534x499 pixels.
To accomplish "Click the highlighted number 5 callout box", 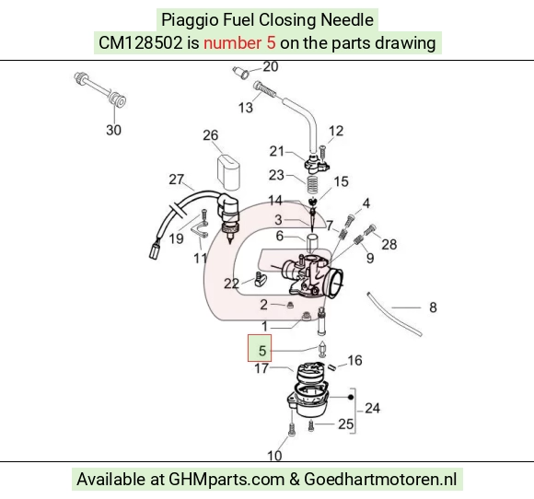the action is (x=260, y=348).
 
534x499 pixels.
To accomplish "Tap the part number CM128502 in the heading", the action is (x=141, y=43).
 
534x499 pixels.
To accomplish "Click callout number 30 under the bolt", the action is (x=114, y=130).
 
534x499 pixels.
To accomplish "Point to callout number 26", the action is (x=211, y=135).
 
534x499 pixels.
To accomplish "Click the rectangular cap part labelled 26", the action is (x=228, y=172).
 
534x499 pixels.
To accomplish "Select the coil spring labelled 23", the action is (x=313, y=185).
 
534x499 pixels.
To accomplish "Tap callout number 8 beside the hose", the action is (x=433, y=308).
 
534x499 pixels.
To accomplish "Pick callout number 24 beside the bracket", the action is (x=372, y=408).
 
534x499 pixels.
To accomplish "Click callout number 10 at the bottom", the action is (x=274, y=456).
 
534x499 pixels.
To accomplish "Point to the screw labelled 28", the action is (x=370, y=230).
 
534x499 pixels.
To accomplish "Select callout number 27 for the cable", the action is (x=177, y=180).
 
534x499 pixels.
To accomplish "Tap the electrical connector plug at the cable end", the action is (x=155, y=250).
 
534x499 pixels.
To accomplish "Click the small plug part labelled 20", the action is (x=241, y=73).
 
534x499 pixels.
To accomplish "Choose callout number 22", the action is (x=231, y=284).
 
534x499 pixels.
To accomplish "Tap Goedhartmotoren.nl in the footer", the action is (x=380, y=480).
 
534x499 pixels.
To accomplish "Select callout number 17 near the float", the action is (x=261, y=368).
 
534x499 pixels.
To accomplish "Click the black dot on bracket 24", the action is (x=351, y=397).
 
